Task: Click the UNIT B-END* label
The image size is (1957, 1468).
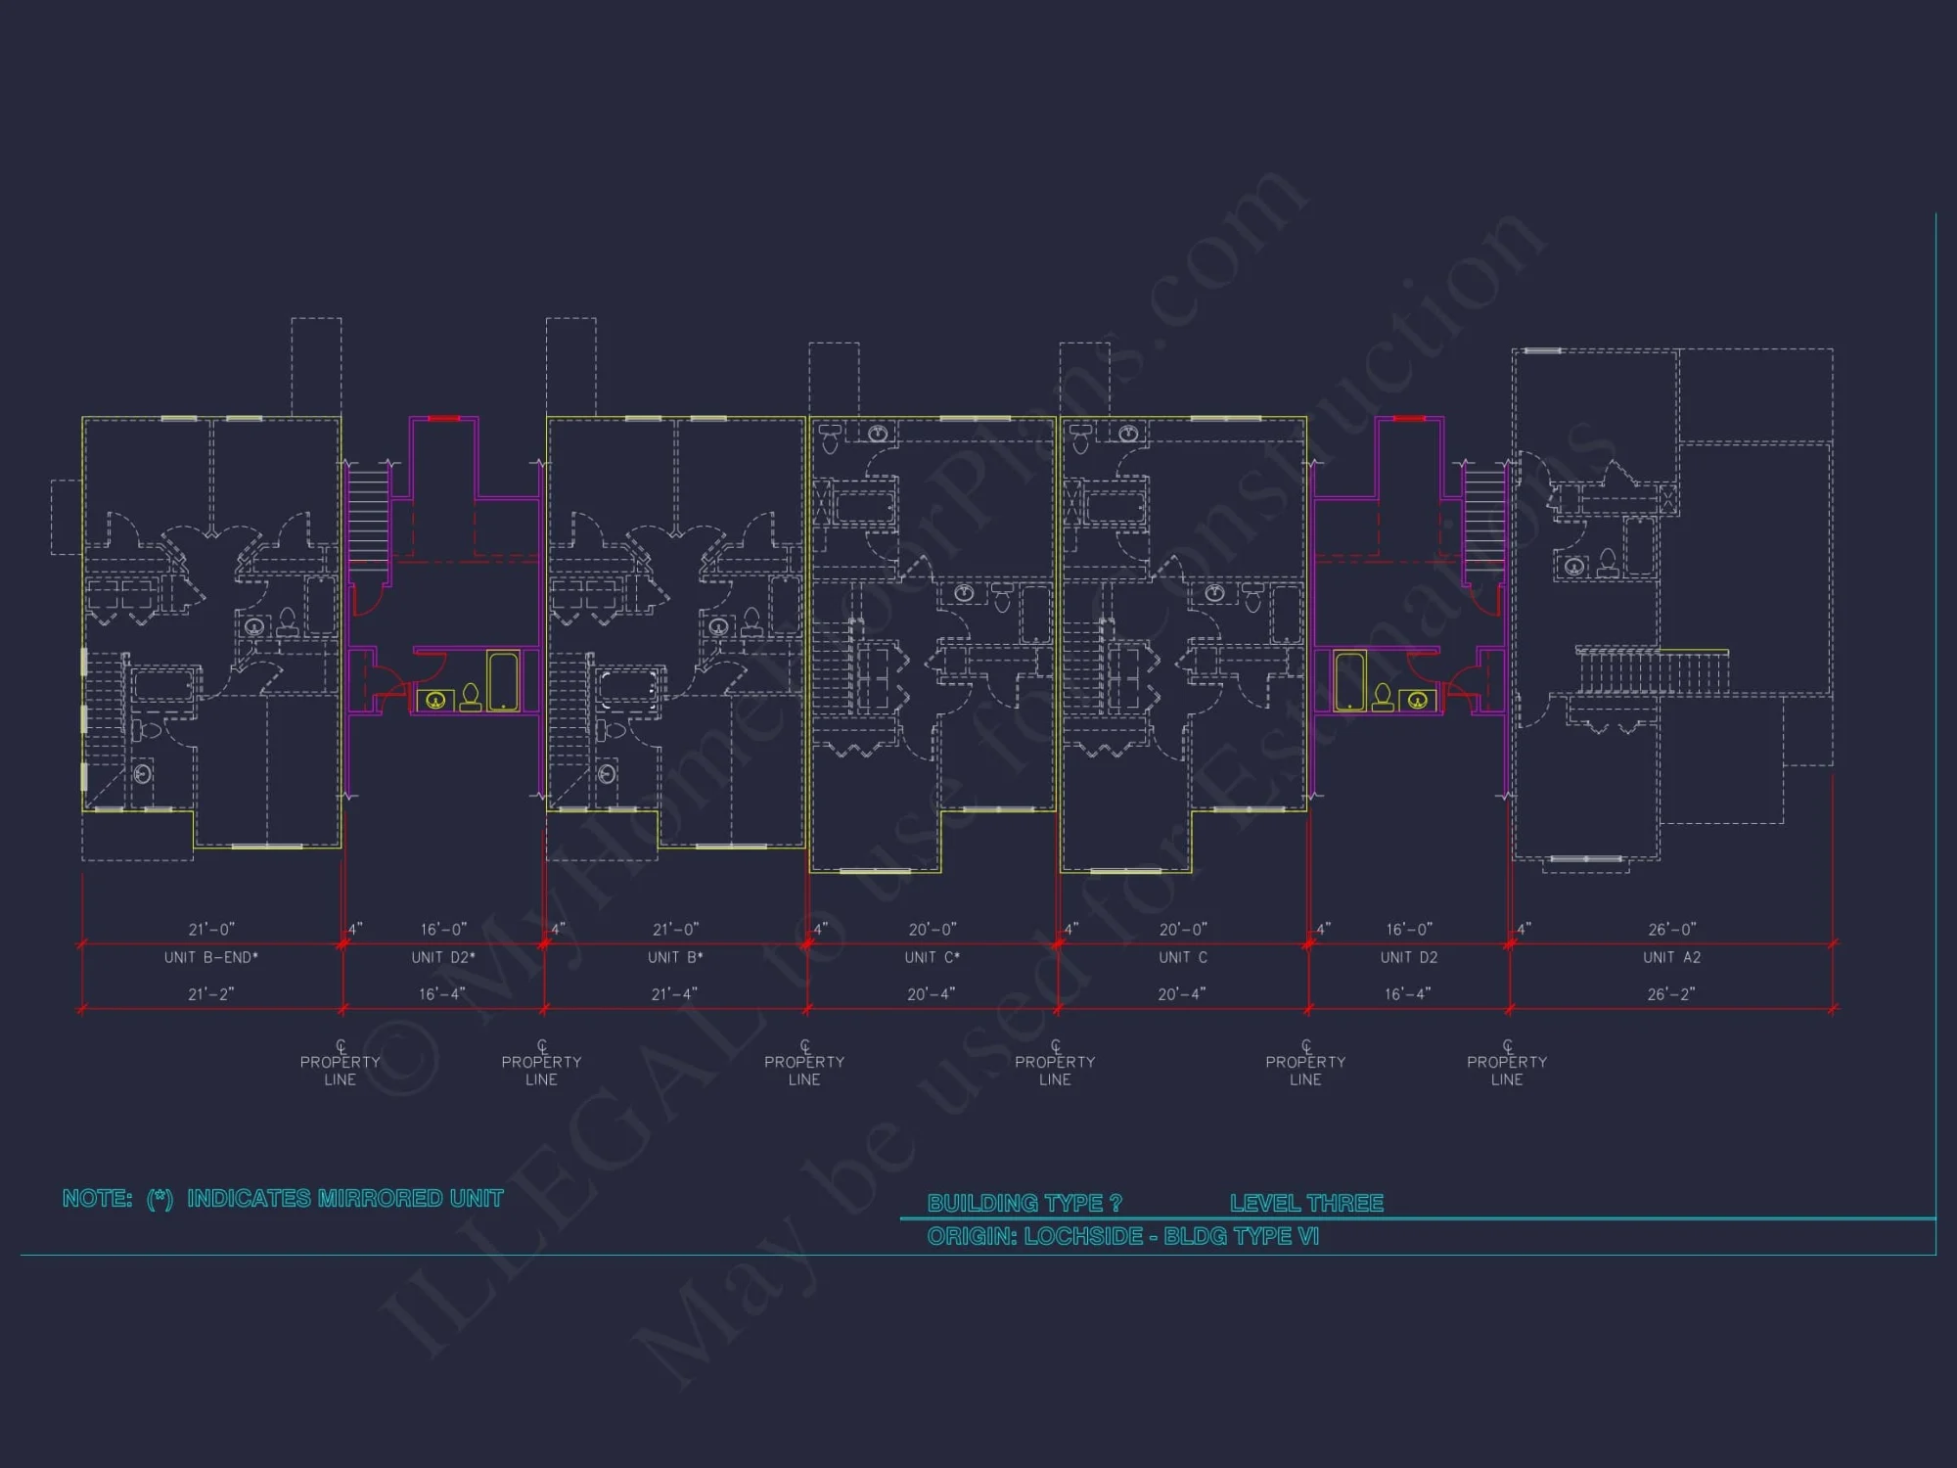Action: [211, 957]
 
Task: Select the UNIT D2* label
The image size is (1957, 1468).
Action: [443, 957]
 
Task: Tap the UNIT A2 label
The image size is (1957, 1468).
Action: [1671, 957]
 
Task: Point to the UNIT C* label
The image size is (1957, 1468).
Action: [932, 957]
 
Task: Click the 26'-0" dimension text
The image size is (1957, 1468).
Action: [1671, 929]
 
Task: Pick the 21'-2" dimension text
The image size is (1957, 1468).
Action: [211, 994]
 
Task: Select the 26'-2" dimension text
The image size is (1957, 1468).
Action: [1671, 994]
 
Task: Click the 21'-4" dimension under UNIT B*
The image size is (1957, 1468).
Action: [674, 994]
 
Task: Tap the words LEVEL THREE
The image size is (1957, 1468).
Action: [1306, 1203]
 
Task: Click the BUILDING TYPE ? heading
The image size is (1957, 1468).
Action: [1024, 1203]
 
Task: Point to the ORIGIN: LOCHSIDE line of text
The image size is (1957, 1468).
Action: [1122, 1237]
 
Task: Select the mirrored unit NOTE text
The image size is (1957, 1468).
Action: [283, 1199]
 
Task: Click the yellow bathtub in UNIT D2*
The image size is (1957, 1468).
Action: [503, 681]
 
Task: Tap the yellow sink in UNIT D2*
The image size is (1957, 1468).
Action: [436, 700]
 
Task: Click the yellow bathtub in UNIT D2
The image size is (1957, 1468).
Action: [1349, 681]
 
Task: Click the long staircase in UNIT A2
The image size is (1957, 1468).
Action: [1652, 671]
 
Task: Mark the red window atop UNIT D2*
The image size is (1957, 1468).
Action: [443, 419]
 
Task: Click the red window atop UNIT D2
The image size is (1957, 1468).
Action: [1409, 419]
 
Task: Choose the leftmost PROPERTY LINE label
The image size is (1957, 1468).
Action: [340, 1070]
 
